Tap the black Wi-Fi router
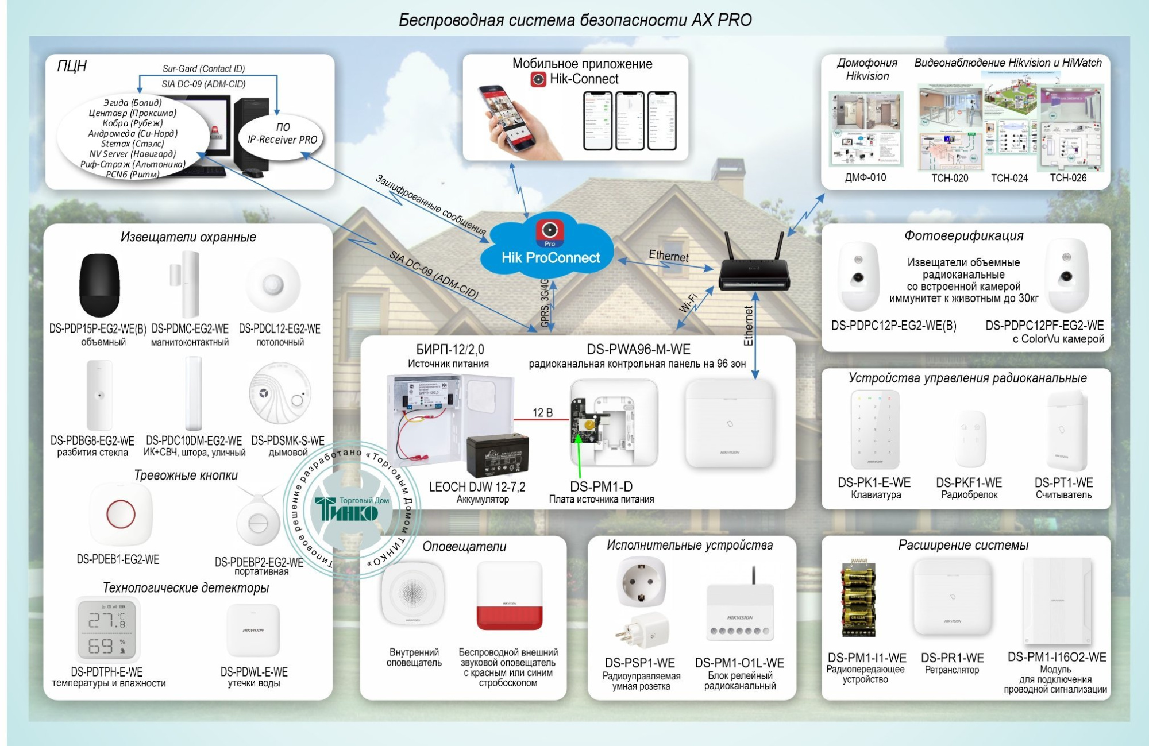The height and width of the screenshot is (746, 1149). [754, 276]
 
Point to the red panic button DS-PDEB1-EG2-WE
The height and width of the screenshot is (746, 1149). [121, 514]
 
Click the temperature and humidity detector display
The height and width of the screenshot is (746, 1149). [107, 629]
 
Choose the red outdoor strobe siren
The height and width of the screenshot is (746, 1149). [509, 597]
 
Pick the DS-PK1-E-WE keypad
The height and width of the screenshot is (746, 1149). [874, 430]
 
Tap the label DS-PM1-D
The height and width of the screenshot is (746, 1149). [601, 486]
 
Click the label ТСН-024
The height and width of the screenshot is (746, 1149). [1009, 178]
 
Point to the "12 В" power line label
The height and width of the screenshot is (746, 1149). [542, 413]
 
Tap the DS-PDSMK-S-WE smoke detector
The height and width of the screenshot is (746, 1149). [280, 394]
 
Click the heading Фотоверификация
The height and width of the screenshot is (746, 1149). [963, 235]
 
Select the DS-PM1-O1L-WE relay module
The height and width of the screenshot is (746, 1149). [740, 612]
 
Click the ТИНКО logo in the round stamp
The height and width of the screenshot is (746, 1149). [346, 509]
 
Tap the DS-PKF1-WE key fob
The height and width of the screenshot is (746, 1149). [970, 440]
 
